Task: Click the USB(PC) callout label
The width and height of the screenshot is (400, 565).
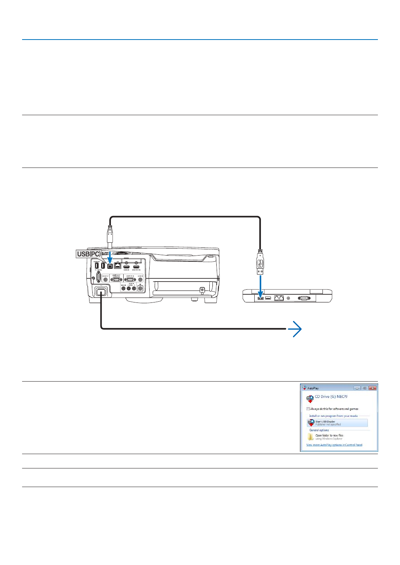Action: coord(89,254)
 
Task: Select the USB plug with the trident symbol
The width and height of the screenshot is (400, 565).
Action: coord(260,263)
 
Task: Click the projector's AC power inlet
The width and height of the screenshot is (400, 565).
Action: coord(101,292)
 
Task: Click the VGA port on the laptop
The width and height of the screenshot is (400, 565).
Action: coord(304,298)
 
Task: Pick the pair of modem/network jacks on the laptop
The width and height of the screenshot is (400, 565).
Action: coord(279,298)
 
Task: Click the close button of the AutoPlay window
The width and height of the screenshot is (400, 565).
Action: coord(372,388)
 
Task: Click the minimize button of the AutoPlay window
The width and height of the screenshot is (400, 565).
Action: coord(357,388)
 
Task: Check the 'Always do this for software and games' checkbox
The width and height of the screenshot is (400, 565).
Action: coord(308,409)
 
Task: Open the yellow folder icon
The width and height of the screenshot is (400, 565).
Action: coord(310,437)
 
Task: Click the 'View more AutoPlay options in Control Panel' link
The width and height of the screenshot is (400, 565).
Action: coord(334,445)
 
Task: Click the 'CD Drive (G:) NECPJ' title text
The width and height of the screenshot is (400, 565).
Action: coord(331,397)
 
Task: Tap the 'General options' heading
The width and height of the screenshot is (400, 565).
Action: coord(319,430)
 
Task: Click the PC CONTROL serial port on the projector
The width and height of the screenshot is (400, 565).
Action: coord(98,278)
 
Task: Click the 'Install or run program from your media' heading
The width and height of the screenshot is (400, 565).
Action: coord(333,416)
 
